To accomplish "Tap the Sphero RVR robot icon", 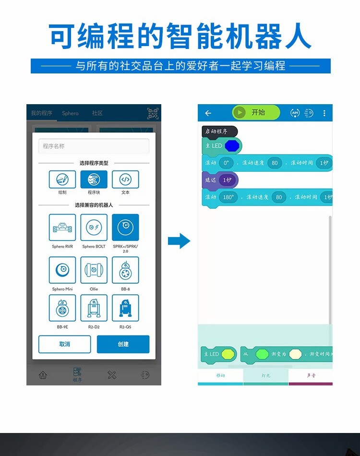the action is [62, 228].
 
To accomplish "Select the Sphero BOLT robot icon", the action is [94, 228].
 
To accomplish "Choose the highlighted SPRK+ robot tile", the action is [125, 228].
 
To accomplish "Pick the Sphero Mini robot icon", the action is [62, 270].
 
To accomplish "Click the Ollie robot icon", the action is [94, 270].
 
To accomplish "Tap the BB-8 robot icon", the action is [125, 270].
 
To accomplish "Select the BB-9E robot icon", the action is [62, 308].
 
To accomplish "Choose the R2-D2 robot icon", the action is [94, 308].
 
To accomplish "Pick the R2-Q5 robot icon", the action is [125, 308].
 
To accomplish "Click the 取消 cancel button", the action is [65, 344].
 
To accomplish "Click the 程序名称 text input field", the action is [94, 146].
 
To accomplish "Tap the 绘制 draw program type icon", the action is [62, 180].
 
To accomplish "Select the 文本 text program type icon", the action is [125, 180].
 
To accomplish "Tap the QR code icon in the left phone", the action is [153, 113].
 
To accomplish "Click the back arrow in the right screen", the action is [208, 113].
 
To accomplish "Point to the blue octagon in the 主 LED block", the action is [232, 145].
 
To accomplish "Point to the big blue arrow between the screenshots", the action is [179, 240].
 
